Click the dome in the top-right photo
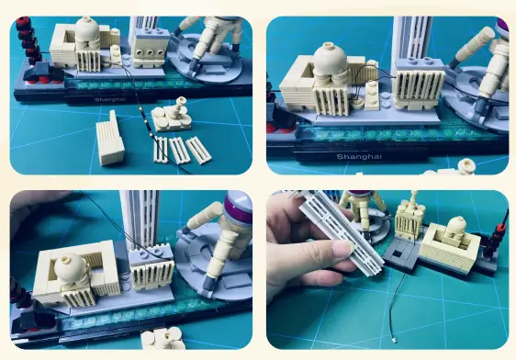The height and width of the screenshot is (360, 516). (x=330, y=64)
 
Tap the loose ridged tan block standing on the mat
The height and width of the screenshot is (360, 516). (x=108, y=140)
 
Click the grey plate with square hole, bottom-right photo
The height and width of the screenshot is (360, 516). (x=401, y=253)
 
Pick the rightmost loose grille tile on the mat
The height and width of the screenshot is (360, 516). (x=198, y=149)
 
